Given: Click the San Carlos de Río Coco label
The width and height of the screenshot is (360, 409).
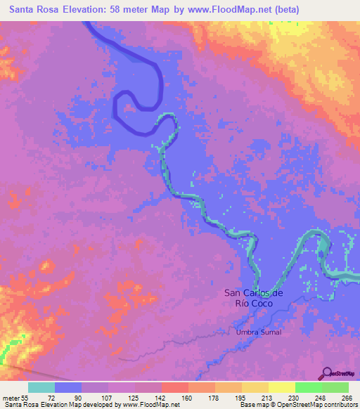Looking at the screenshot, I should pyautogui.click(x=253, y=297).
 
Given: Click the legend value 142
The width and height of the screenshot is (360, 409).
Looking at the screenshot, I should pyautogui.click(x=161, y=397).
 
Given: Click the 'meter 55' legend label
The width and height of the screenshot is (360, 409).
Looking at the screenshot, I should pyautogui.click(x=14, y=397).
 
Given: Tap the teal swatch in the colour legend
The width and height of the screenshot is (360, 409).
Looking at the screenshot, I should pyautogui.click(x=41, y=387).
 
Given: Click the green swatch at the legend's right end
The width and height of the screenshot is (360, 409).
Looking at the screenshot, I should pyautogui.click(x=335, y=387).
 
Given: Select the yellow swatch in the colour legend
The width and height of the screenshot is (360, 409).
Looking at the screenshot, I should pyautogui.click(x=281, y=387).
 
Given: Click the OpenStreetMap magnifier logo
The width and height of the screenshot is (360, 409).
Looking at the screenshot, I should pyautogui.click(x=327, y=374).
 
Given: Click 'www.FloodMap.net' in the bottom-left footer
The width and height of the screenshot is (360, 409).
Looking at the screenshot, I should pyautogui.click(x=150, y=405).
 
